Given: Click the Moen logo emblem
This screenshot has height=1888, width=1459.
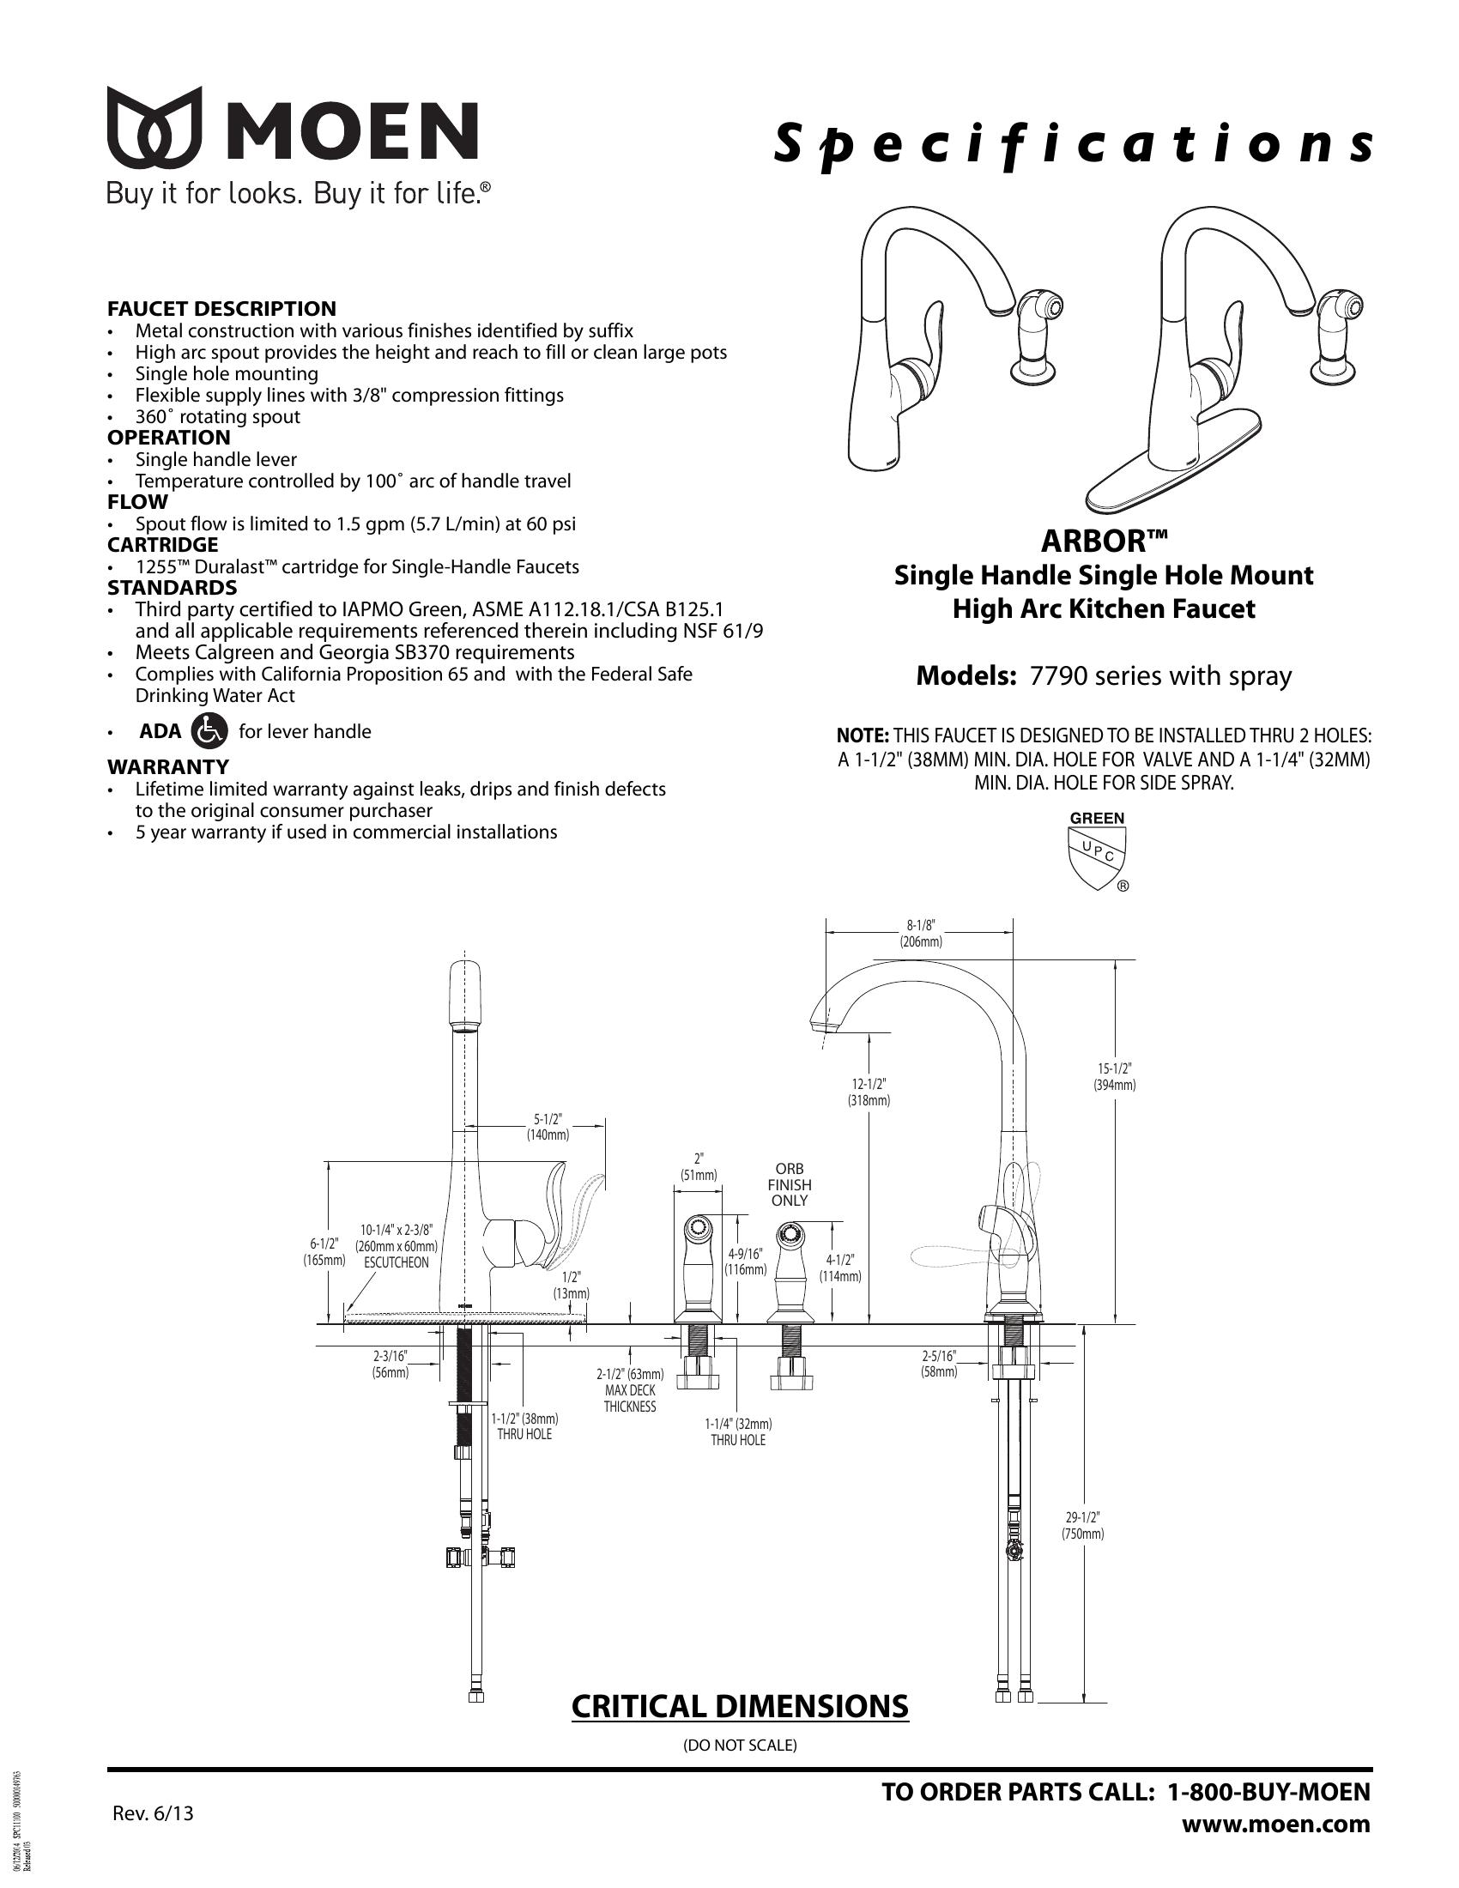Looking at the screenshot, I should click(x=154, y=127).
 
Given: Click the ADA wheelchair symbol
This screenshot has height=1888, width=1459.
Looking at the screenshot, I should click(x=209, y=731).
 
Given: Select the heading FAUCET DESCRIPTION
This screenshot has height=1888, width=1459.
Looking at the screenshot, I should click(x=221, y=309).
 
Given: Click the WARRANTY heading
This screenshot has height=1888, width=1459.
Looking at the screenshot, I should click(x=167, y=766).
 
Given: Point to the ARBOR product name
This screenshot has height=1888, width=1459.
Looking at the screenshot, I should click(x=1104, y=542).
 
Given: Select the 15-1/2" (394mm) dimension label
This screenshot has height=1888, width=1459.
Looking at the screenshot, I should click(x=1114, y=1076).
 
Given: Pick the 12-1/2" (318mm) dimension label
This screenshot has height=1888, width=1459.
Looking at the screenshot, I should click(x=869, y=1092).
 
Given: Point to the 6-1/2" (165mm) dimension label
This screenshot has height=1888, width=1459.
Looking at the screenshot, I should click(x=324, y=1252).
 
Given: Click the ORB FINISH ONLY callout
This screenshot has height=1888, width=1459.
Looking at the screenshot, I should click(x=789, y=1185).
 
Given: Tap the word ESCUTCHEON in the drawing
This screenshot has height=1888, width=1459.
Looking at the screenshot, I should click(x=396, y=1262).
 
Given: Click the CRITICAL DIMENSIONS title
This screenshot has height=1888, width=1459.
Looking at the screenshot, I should click(x=740, y=1706).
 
